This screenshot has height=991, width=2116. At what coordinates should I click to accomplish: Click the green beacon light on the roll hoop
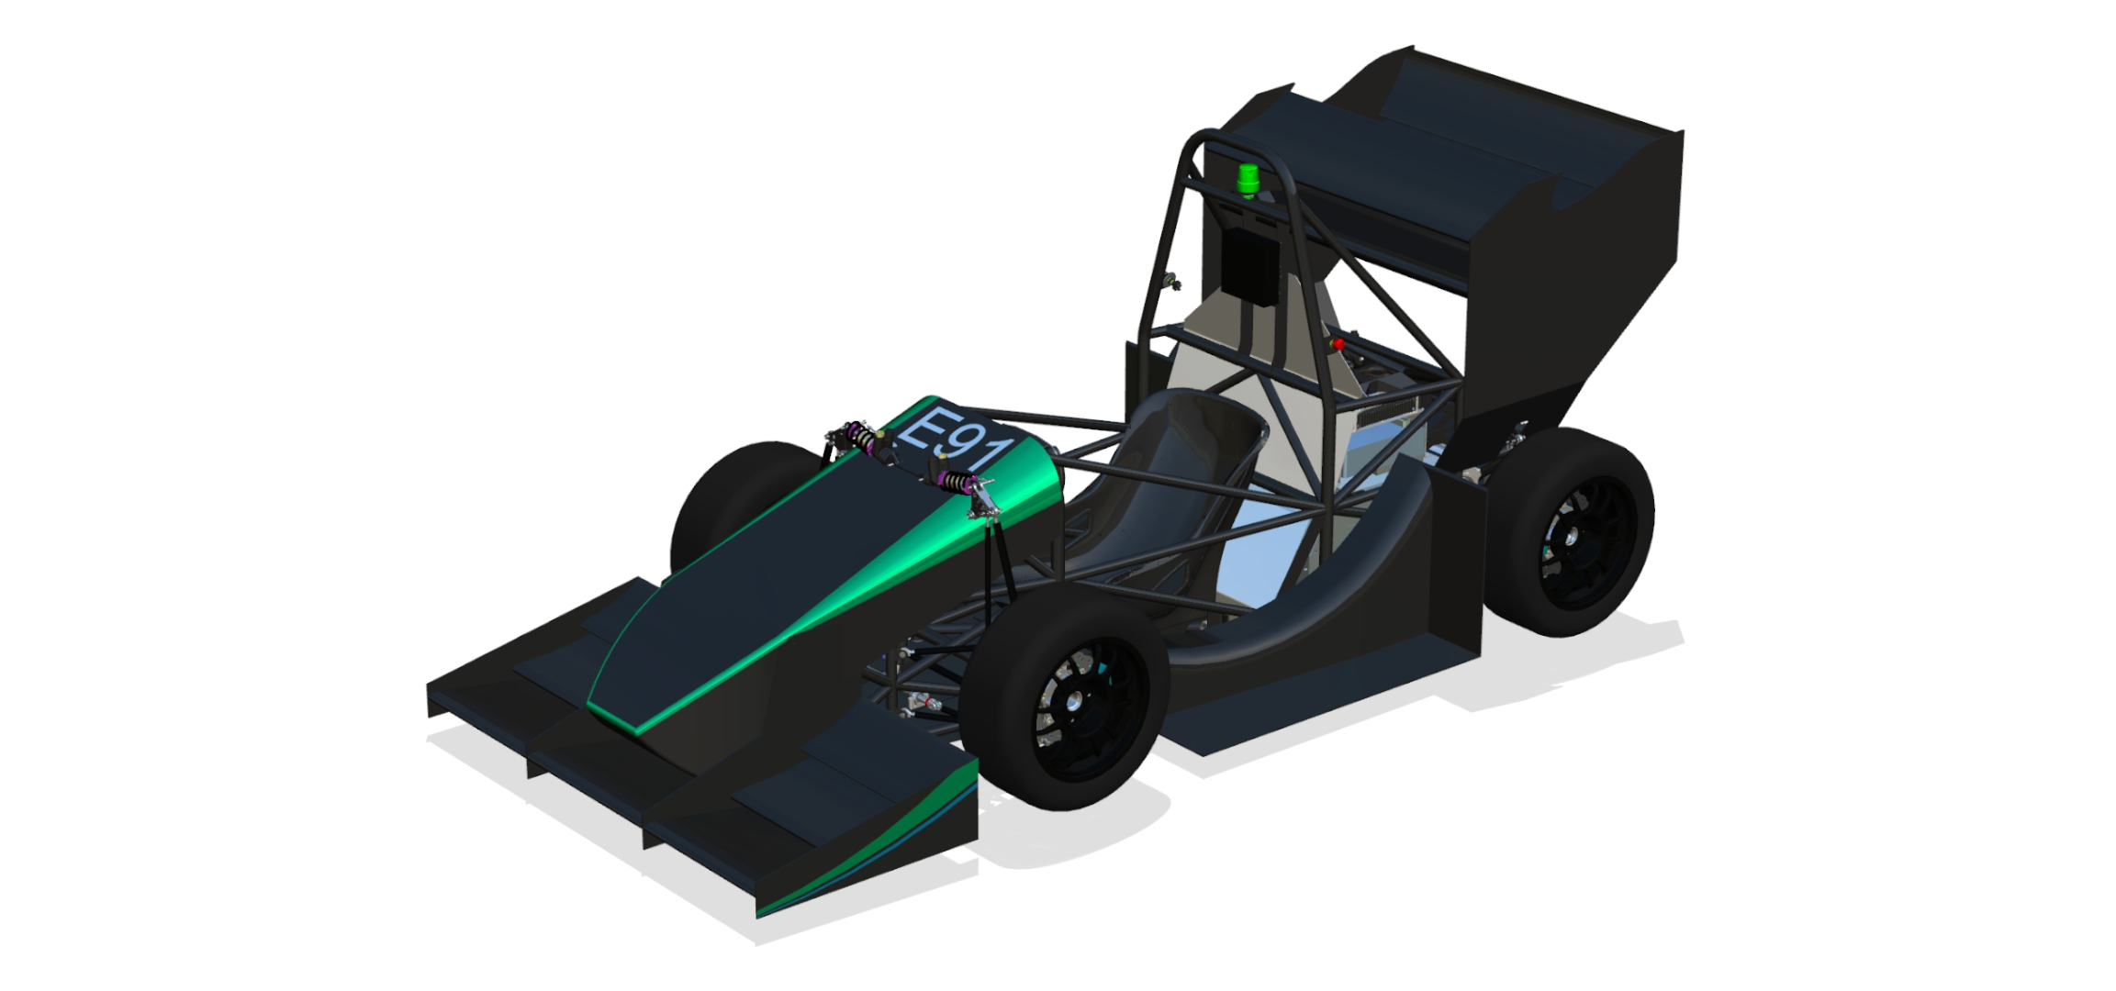1248,181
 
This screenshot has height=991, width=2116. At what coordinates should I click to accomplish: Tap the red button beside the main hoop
1338,344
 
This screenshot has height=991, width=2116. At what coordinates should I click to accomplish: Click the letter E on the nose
924,429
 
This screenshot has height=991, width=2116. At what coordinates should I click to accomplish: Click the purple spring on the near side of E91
957,481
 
